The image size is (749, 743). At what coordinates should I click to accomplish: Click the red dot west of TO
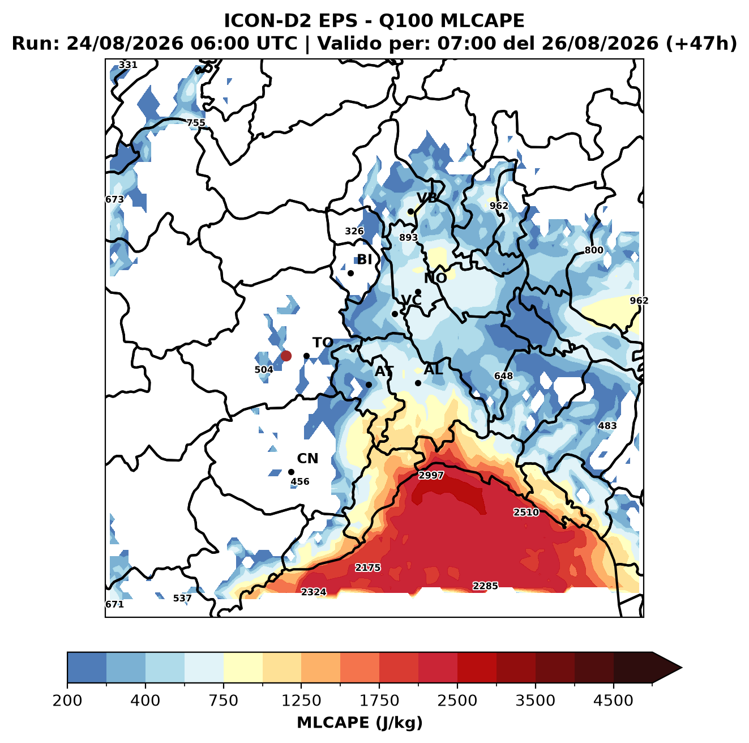(286, 356)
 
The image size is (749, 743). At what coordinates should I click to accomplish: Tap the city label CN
(307, 458)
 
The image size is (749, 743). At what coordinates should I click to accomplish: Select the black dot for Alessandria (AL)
(418, 383)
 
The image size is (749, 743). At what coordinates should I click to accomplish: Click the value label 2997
(431, 475)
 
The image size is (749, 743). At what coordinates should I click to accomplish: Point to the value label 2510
(526, 512)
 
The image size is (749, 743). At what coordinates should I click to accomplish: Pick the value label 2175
(367, 567)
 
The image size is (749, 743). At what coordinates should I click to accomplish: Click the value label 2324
(314, 592)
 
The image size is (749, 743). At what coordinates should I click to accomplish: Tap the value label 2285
(485, 586)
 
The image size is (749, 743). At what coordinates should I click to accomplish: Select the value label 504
(264, 369)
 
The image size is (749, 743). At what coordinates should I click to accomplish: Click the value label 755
(196, 123)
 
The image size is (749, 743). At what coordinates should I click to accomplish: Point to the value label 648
(503, 375)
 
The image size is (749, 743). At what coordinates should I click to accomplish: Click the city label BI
(364, 259)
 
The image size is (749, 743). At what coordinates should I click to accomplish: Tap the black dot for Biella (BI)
(350, 273)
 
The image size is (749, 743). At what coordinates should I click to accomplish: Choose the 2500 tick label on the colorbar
(457, 700)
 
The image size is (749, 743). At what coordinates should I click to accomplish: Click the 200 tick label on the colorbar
(67, 700)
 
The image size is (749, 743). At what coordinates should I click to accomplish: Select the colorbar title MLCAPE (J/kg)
(359, 723)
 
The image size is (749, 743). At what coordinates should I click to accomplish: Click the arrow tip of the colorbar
(682, 668)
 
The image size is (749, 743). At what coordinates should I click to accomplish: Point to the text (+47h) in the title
(701, 43)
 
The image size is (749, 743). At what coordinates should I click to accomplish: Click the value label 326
(354, 231)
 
